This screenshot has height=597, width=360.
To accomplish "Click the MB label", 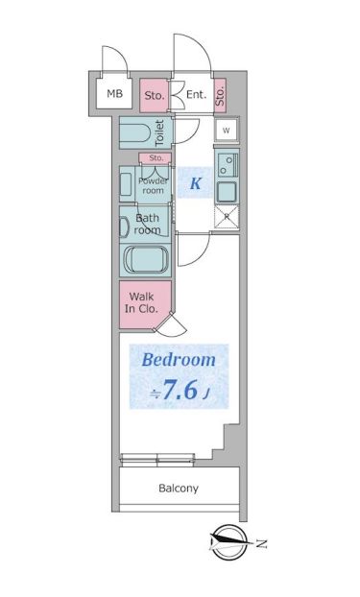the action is point(114,93).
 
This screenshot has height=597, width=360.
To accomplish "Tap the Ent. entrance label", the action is point(196,94).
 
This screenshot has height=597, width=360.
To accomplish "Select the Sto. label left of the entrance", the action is point(155,96).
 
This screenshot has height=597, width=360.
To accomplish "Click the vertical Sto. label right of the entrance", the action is point(220,96).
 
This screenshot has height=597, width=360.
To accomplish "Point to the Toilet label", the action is point(159,132).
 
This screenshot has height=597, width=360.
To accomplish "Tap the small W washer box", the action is point(227,131).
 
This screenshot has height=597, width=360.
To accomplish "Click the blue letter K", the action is point(195,183).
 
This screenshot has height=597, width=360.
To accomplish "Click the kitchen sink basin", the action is point(227,192).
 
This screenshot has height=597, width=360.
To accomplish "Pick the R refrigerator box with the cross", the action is point(227,217).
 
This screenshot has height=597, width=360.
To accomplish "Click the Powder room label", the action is point(153,185).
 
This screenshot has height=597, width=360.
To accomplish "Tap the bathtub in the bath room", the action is point(146,260).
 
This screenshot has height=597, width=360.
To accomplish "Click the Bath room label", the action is point(148,224).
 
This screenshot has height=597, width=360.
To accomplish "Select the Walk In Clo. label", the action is point(141,302).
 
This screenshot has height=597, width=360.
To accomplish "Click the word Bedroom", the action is point(179,360).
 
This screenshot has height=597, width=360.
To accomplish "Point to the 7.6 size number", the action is point(180,389).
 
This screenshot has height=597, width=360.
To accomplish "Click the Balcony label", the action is point(179,489).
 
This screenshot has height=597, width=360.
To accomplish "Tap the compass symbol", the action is point(228,542).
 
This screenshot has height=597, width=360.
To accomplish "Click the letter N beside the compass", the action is point(260,543).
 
